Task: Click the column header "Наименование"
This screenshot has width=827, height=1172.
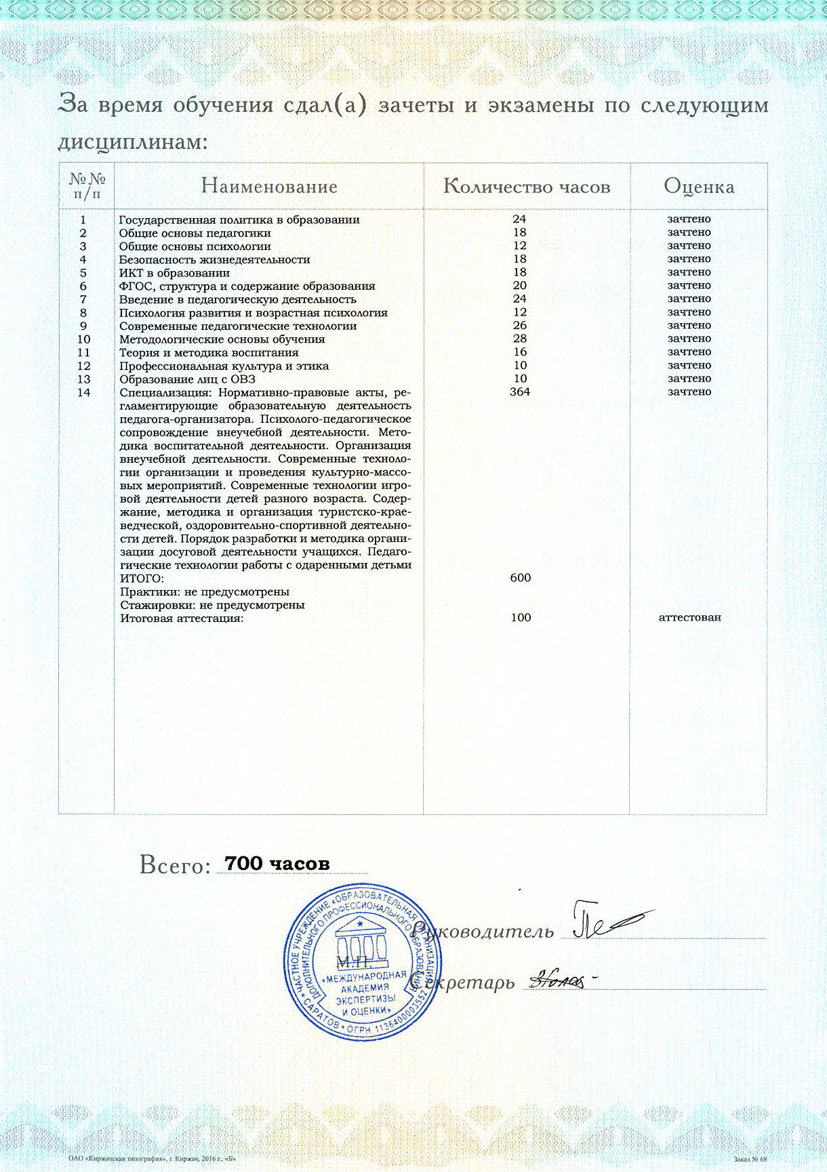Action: point(269,186)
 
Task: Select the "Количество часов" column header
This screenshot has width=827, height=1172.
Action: point(527,186)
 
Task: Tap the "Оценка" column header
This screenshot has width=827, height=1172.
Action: point(699,186)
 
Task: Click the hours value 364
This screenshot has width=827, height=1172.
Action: point(520,392)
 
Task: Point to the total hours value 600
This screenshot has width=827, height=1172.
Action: point(520,578)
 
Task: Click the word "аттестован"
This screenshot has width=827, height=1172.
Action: point(689,617)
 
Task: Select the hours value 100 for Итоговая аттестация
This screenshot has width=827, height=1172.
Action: point(521,617)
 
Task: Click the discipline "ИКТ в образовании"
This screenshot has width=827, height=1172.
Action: point(174,273)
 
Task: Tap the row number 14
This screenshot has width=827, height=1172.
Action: point(84,392)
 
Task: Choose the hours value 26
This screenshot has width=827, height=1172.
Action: point(520,325)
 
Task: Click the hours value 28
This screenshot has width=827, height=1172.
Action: point(520,339)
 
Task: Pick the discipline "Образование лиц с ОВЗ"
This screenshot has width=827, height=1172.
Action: point(187,379)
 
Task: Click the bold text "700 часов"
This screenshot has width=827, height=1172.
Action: point(277,864)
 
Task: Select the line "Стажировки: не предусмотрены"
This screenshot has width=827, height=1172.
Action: point(212,605)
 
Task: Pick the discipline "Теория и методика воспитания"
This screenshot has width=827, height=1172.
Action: point(209,352)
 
